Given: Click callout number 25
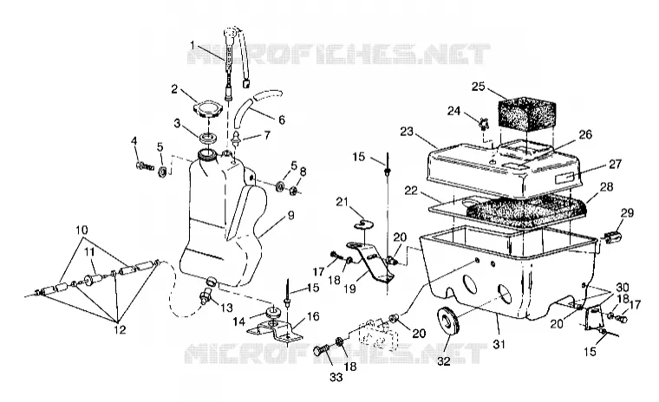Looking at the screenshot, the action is [x=479, y=87].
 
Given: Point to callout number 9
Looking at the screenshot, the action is [x=290, y=215].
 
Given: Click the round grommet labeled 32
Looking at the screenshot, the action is [x=448, y=326].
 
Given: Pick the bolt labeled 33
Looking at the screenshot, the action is [x=323, y=351].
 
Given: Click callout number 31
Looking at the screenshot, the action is [x=499, y=345].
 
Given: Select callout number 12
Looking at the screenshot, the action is [x=120, y=329].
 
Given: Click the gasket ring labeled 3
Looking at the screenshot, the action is [x=208, y=137].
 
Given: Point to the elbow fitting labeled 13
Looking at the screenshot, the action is [x=206, y=293].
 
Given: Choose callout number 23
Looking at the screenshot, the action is [x=407, y=132].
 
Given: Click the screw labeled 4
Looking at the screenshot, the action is [x=144, y=166].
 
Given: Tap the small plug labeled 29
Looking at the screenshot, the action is [x=614, y=238].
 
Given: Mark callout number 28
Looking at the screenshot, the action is [x=606, y=186].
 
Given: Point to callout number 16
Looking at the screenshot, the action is [x=313, y=316].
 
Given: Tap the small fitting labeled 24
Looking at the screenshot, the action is [x=483, y=125].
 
